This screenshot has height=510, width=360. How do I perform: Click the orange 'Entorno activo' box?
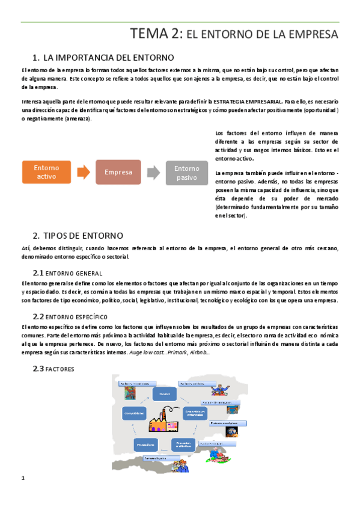point(46,172)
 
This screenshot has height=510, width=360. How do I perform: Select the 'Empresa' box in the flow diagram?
point(118,172)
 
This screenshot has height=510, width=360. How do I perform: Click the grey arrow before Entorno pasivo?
point(154,173)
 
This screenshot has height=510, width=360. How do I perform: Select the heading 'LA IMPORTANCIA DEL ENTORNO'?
point(109,58)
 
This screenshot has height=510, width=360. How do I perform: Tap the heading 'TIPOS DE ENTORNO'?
point(84,235)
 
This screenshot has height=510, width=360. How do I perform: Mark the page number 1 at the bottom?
point(22,478)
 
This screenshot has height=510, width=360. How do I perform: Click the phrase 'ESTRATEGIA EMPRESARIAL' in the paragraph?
point(247,102)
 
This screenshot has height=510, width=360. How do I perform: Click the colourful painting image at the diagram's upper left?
point(129,393)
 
